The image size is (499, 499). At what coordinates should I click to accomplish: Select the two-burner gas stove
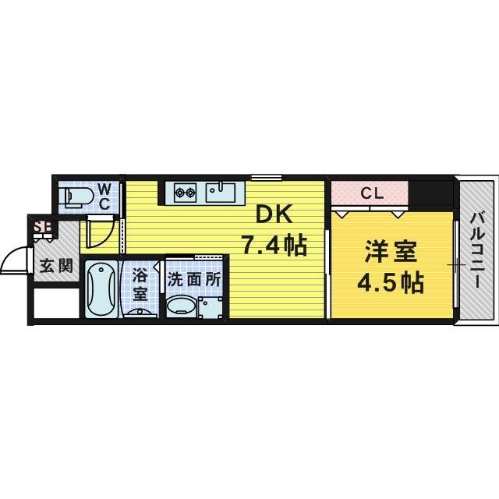pos(185,191)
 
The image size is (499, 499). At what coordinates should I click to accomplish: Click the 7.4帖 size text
pos(272,246)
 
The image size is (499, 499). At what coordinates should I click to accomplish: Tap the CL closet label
pos(370,193)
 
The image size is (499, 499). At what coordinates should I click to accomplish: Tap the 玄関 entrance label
pos(56,266)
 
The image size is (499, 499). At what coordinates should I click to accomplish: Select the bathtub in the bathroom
pos(101,288)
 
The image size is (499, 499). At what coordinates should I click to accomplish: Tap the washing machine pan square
pos(211,307)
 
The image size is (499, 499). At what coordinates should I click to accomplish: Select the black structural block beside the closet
pos(431,192)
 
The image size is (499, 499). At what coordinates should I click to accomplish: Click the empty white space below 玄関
pos(56,306)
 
